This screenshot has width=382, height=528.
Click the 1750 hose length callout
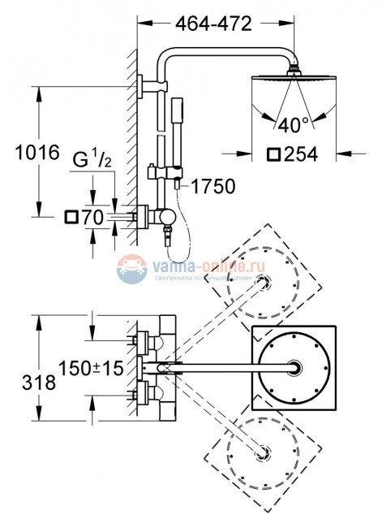coord(212,187)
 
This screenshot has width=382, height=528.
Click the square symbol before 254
coord(273,152)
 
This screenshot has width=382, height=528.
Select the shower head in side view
coord(294,80)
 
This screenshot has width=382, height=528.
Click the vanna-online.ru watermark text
coord(196,265)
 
